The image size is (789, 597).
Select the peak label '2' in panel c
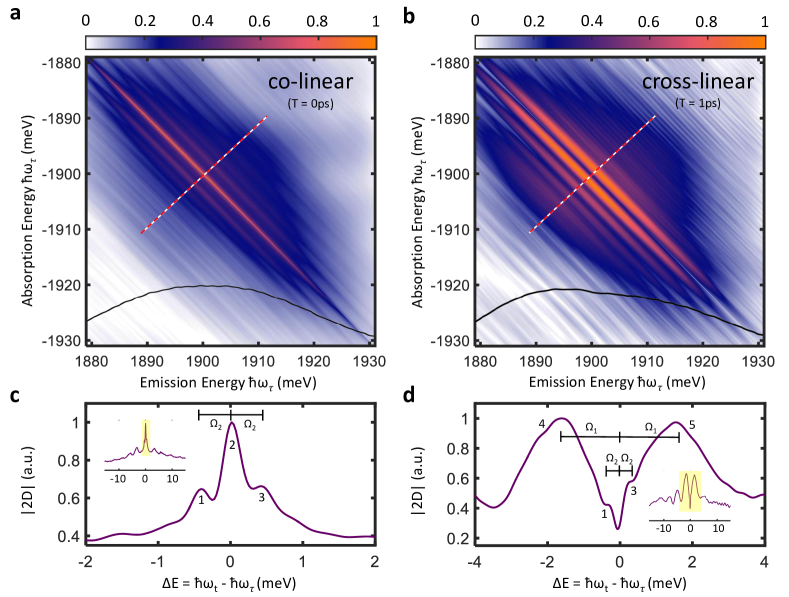[x=230, y=445]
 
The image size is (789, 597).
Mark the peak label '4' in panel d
[x=541, y=425]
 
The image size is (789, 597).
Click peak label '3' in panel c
[x=262, y=495]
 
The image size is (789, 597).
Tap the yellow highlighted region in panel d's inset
[x=690, y=490]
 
